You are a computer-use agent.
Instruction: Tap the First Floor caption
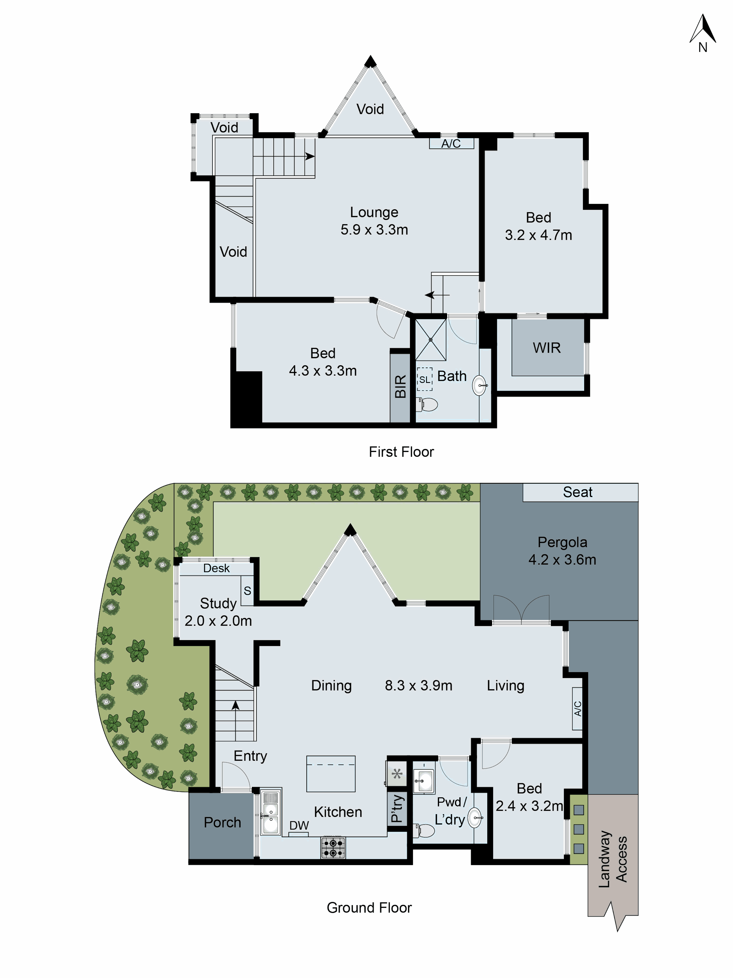401,452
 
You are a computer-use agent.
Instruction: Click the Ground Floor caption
369,908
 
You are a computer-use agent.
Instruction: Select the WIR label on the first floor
547,348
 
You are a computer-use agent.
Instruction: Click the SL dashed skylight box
425,379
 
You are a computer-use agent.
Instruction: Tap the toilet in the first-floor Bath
427,404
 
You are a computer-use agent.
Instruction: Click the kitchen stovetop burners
333,848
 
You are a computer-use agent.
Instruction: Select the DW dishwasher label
299,825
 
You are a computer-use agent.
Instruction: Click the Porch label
222,822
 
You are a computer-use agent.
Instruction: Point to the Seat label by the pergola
577,492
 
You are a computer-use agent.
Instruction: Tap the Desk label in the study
216,568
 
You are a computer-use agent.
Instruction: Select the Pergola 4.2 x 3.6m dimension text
562,560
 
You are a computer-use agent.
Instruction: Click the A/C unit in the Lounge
451,143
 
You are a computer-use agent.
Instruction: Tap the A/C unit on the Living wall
577,708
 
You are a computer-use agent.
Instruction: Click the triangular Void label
370,109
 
